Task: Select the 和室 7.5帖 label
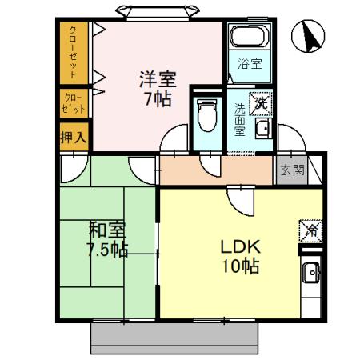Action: click(106, 239)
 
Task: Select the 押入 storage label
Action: click(73, 137)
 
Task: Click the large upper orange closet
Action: click(73, 52)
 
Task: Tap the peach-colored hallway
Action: click(216, 169)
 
